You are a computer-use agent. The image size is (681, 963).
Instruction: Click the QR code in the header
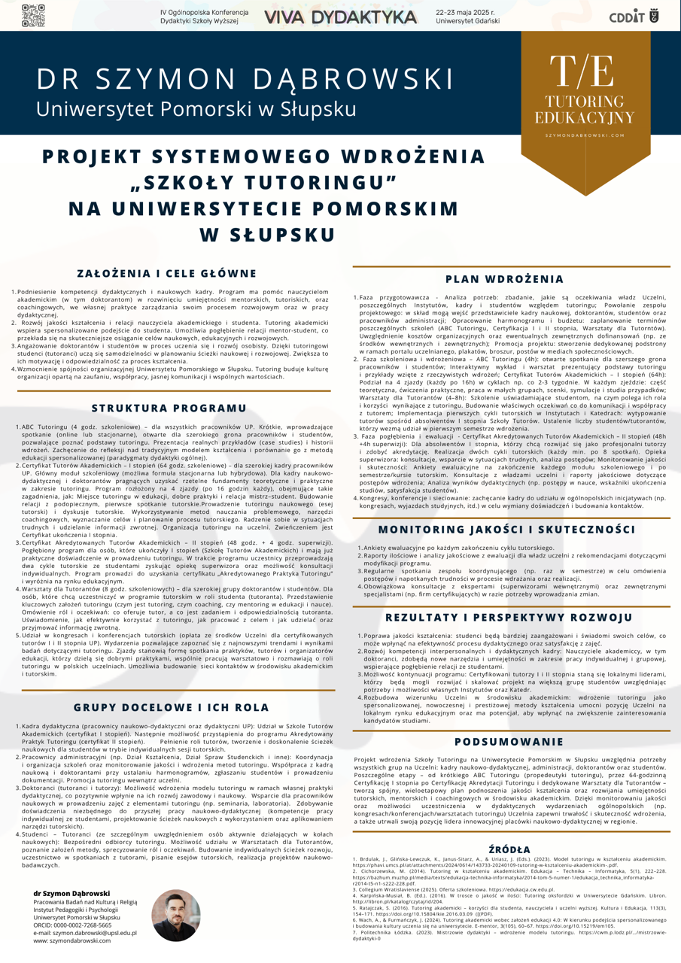33,15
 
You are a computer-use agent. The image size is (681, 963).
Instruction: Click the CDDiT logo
631,16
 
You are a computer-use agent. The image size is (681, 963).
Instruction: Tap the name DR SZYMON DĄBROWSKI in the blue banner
246,78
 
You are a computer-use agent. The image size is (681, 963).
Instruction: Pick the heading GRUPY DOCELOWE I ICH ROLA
171,707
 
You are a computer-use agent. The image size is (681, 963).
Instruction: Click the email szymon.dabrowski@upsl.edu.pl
84,933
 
